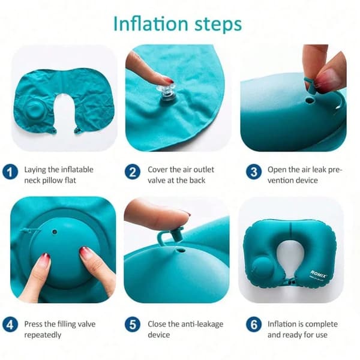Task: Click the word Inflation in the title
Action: click(151, 23)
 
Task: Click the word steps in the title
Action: click(218, 25)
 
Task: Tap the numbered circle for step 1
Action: click(10, 172)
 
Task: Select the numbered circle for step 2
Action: click(133, 172)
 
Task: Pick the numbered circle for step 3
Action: click(254, 172)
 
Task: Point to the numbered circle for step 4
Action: click(10, 325)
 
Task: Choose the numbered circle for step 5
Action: click(133, 325)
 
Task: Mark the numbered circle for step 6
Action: click(254, 325)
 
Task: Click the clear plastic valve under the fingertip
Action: click(166, 94)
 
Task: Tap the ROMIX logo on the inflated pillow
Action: click(319, 274)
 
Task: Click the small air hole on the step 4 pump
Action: click(55, 232)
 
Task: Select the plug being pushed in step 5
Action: click(171, 236)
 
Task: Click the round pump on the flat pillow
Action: click(35, 110)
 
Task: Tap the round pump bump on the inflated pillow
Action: click(262, 267)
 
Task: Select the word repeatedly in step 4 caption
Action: click(43, 335)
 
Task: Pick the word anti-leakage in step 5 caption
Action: click(202, 324)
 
